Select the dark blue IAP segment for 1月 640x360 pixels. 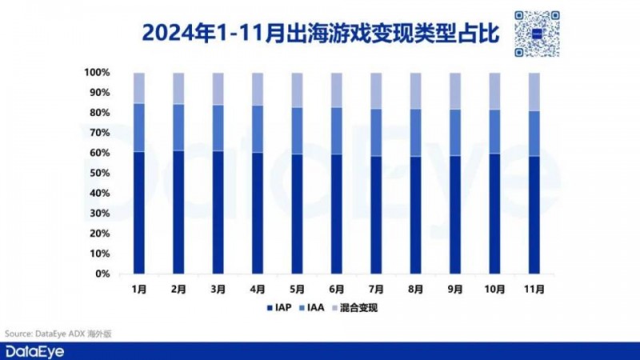click(139, 213)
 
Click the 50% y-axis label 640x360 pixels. click(100, 174)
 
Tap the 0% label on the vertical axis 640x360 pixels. click(103, 274)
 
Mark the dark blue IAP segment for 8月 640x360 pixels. click(414, 215)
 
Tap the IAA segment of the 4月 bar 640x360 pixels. click(258, 129)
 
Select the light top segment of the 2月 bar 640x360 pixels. click(178, 88)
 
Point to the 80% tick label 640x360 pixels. click(100, 113)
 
